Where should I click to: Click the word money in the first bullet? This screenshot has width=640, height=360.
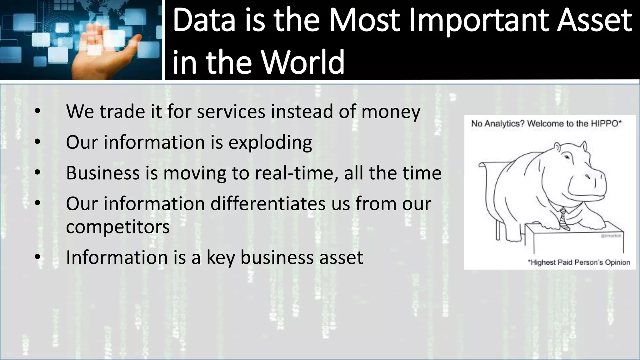pos(391,112)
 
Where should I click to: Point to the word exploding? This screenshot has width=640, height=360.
pos(270,142)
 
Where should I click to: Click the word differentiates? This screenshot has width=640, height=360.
pos(268,203)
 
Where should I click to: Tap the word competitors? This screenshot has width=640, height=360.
pos(118,227)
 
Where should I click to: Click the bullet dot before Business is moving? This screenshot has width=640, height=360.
pos(37,173)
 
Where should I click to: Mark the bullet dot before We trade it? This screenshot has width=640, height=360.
pos(37,112)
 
